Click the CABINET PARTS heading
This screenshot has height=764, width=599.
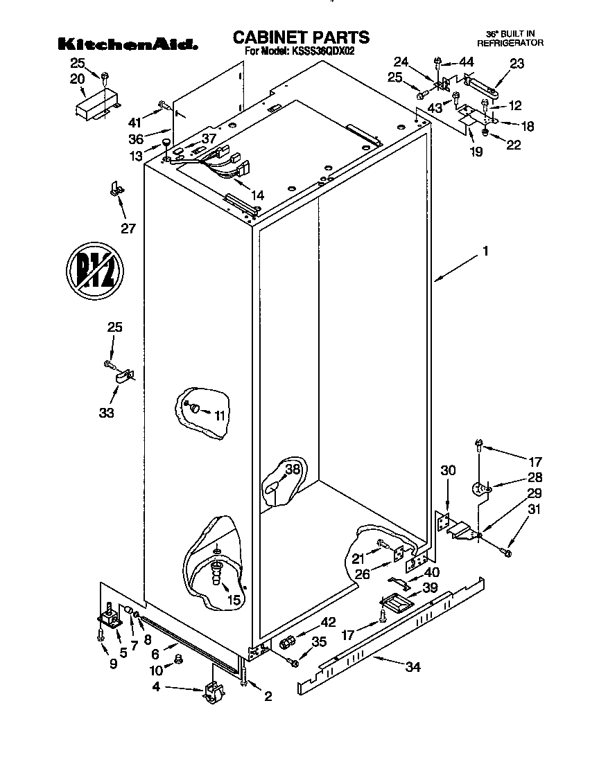point(300,37)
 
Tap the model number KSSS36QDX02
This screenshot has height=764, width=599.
point(321,51)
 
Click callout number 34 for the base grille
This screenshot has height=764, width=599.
point(413,667)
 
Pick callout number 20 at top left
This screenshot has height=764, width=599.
point(77,78)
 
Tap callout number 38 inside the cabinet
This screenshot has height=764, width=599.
point(293,469)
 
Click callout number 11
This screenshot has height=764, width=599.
point(220,416)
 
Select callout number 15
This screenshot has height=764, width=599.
point(234,600)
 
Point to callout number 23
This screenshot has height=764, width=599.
point(517,63)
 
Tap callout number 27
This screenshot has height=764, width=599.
point(128,229)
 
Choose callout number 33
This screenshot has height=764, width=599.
point(106,414)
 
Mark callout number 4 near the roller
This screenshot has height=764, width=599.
point(157,687)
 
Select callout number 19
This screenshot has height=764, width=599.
point(476,152)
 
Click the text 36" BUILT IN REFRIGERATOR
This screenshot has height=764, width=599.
point(510,38)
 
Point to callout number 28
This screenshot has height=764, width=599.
point(535,477)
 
